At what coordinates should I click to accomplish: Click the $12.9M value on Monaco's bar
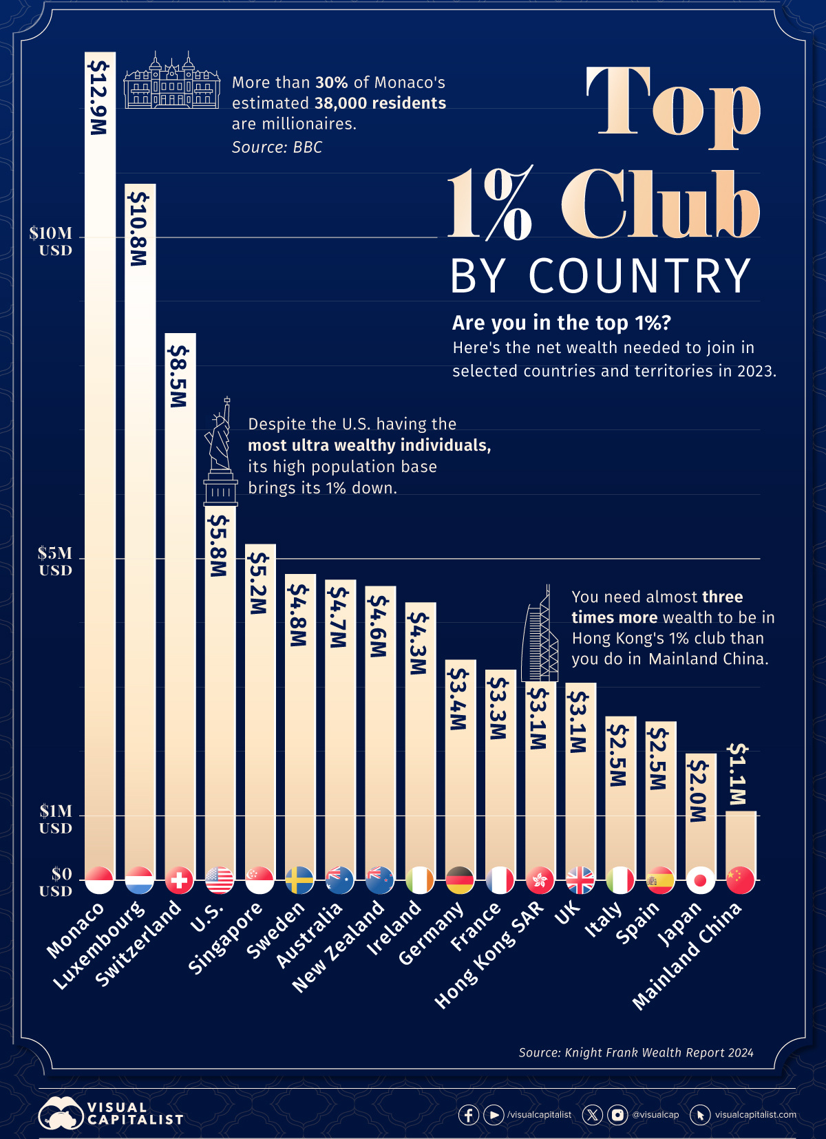coord(99,97)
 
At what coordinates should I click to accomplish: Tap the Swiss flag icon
coord(180,880)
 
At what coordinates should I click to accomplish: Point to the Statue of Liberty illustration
coord(220,451)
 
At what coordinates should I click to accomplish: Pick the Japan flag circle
coord(701,880)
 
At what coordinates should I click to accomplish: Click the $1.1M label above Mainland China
coord(738,774)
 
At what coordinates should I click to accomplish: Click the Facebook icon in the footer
coord(469,1115)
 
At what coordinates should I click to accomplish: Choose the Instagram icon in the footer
coord(618,1115)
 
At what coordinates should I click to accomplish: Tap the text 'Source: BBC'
coord(277,147)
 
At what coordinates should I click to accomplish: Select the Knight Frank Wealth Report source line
coord(636,1053)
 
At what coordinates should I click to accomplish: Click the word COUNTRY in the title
coord(639,277)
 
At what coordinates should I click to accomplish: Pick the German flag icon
coord(460,880)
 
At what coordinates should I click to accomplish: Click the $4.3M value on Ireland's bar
coord(419,642)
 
